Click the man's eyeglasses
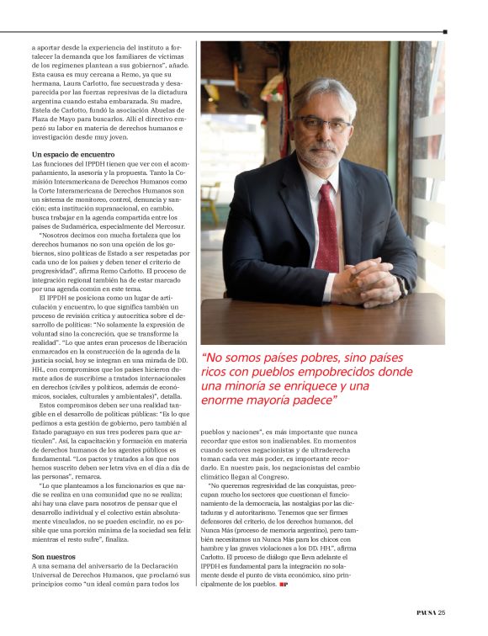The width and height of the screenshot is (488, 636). click(x=324, y=124)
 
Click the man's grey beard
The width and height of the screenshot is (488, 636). click(x=322, y=156)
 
